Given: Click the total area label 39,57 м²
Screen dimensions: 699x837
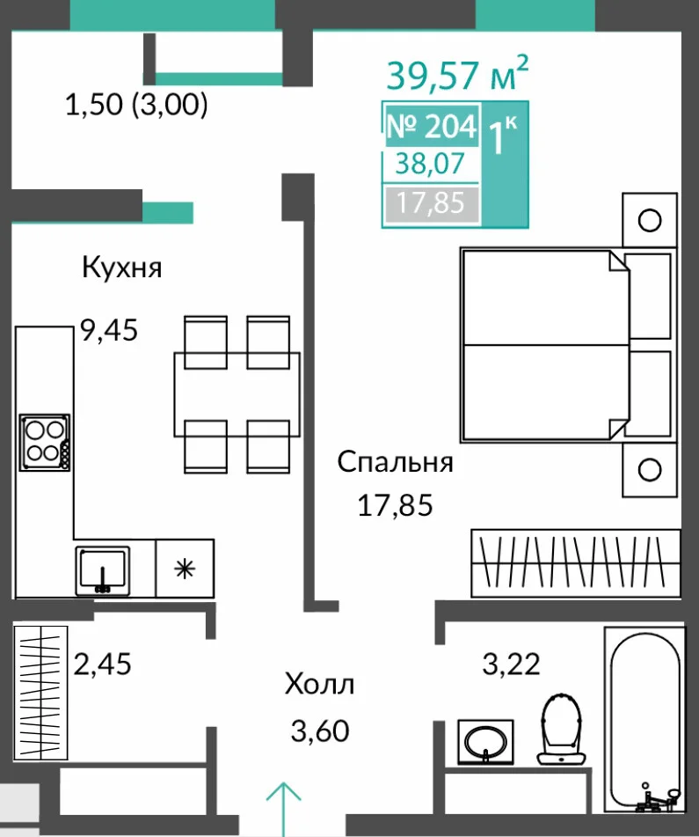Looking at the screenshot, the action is tap(457, 73).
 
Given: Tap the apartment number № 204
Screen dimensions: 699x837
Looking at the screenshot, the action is tap(432, 126).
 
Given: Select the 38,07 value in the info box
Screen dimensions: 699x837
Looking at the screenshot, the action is tap(430, 164).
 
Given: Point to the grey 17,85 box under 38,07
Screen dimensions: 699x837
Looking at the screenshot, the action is tap(431, 203).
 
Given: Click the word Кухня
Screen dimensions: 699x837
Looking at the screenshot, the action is tap(121, 267).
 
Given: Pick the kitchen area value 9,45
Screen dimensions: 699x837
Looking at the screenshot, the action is tap(109, 329).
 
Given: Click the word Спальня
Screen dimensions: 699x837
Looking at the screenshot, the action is tap(395, 462).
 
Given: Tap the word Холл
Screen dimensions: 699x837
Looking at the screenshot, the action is tap(319, 684).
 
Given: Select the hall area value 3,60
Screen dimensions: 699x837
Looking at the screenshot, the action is tap(320, 731).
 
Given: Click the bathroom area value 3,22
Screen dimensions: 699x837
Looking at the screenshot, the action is tap(512, 664).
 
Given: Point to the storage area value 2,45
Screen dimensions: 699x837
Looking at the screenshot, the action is tap(102, 664).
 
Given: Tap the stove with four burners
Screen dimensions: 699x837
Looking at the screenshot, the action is tap(45, 443).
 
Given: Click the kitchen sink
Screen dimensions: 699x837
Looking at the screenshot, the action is tap(102, 570).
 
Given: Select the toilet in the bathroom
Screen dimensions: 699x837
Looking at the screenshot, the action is tap(561, 728).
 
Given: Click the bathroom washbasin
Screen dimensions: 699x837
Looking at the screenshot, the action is tap(485, 741).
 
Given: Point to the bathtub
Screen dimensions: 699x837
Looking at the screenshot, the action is tap(644, 721).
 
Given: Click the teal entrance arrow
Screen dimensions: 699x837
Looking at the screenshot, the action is tap(284, 809).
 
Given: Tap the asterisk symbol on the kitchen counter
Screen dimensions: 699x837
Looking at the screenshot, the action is tap(185, 569).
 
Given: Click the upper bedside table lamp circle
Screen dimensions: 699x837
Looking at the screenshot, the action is tap(650, 220).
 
